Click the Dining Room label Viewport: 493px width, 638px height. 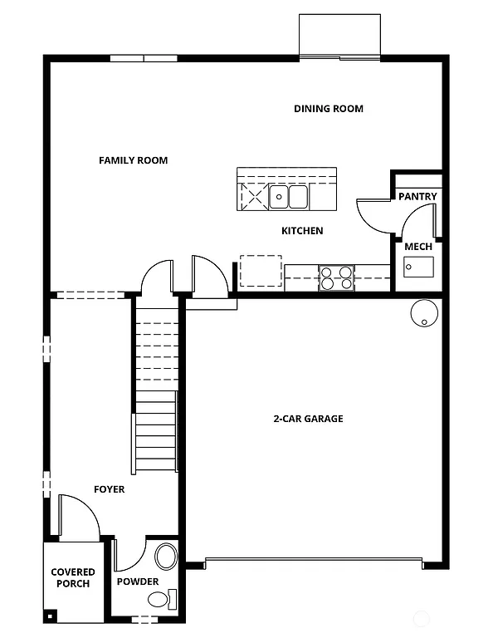pos(329,109)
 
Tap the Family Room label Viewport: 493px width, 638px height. pos(134,160)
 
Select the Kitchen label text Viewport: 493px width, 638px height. pos(302,231)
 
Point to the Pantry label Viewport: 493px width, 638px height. pos(417,197)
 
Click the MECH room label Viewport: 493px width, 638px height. pos(417,247)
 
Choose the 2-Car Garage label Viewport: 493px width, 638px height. pos(308,419)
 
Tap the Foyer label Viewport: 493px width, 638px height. pos(109,489)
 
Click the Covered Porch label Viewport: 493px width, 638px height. pos(73,577)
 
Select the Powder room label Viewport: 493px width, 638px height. pos(137,582)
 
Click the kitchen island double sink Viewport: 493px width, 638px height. pos(288,197)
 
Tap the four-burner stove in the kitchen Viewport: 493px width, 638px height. pos(337,277)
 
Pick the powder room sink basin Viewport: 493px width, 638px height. pos(167,556)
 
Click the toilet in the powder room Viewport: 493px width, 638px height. pos(172,598)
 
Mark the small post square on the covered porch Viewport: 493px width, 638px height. pos(51,616)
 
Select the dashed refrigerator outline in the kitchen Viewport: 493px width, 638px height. pos(261,271)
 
